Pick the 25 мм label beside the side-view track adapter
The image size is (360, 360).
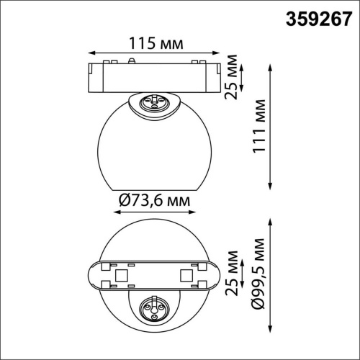pyautogui.click(x=230, y=77)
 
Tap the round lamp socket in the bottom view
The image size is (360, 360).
pyautogui.click(x=155, y=308)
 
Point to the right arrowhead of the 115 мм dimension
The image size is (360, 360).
pyautogui.click(x=219, y=53)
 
